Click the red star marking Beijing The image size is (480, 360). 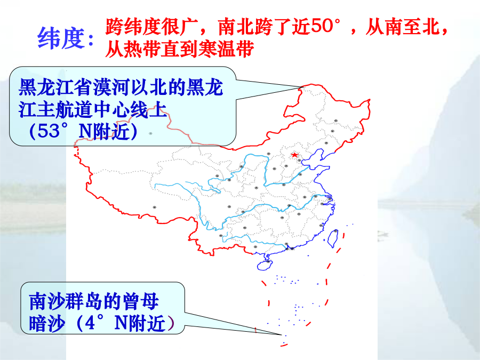294,155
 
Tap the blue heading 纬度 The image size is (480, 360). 61,38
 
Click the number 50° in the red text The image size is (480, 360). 325,26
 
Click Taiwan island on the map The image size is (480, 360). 333,238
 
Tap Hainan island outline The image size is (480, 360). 265,265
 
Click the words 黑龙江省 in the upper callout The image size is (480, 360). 55,87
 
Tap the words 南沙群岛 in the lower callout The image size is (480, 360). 65,301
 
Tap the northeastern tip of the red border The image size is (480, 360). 370,100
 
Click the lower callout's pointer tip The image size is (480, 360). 282,335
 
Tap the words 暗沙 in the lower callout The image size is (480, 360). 47,323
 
